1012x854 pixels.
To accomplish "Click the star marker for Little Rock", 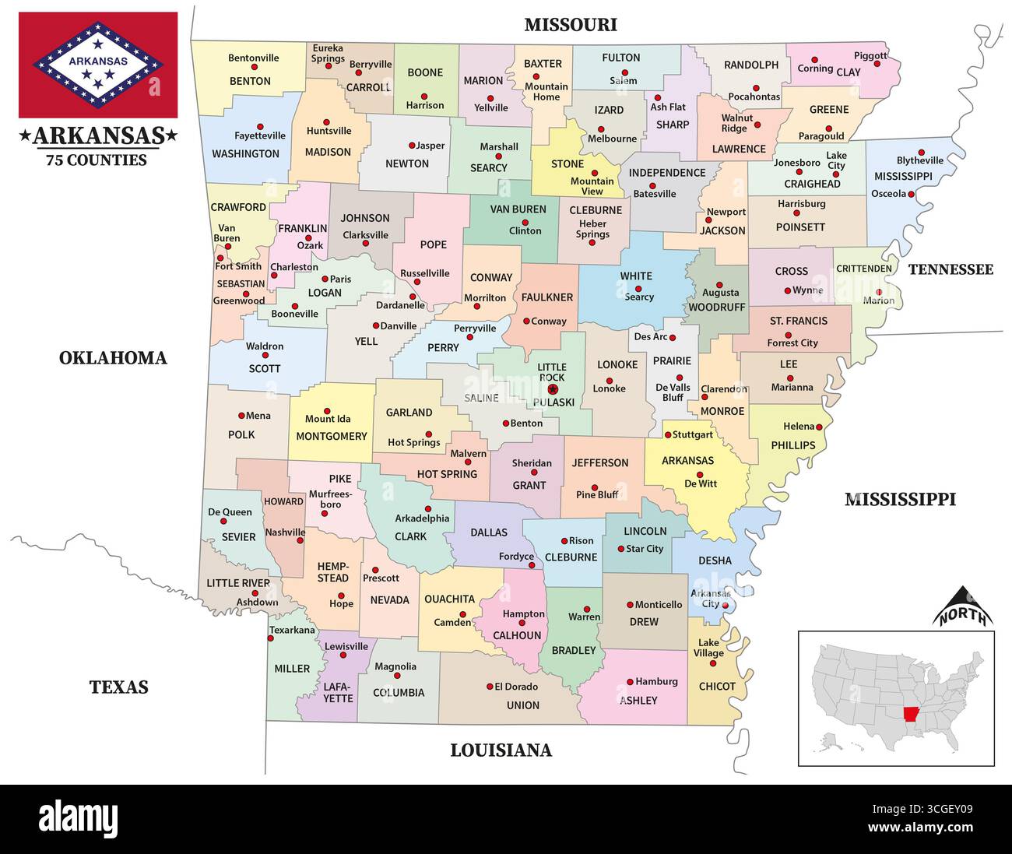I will tap(553, 389).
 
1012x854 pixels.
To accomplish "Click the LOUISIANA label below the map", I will tap(501, 750).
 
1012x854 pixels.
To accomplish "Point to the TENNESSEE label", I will tap(951, 269).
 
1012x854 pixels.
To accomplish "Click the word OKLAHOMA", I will tap(113, 358).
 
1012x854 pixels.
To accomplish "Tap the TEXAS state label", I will tap(118, 687).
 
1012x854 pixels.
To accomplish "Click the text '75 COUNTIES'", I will tap(96, 160).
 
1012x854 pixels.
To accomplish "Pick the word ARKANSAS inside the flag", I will tap(98, 60).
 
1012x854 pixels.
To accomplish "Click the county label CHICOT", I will tap(717, 687).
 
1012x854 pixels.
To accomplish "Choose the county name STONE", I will tap(567, 163).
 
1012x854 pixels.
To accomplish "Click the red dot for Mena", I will tap(241, 416).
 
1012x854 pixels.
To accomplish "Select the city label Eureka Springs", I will tap(328, 54).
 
